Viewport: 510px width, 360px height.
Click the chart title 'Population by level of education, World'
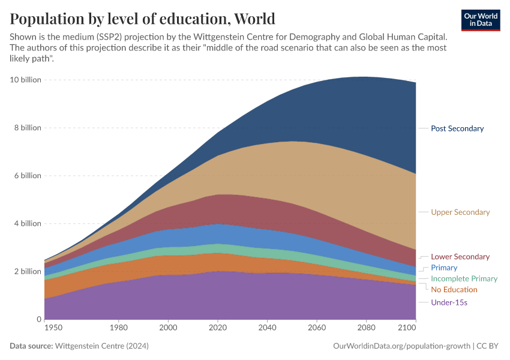point(142,19)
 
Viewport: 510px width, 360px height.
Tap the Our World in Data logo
point(481,20)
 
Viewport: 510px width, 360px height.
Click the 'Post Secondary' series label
point(457,128)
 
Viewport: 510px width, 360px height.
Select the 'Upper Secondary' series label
point(460,212)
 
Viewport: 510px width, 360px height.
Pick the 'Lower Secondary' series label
point(460,257)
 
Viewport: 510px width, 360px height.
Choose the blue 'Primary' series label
point(444,268)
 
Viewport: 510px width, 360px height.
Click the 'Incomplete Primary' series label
point(464,279)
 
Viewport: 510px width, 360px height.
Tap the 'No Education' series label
point(454,290)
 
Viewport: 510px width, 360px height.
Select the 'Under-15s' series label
point(449,302)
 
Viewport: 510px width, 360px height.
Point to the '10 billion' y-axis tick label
point(26,80)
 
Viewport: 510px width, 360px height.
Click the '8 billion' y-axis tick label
point(28,128)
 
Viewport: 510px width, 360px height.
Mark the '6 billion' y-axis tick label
point(28,176)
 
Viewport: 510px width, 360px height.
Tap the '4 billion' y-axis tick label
point(28,224)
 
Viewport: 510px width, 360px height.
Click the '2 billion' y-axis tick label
point(28,271)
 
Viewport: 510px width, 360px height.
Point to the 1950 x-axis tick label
point(53,329)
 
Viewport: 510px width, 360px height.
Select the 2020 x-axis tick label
point(217,329)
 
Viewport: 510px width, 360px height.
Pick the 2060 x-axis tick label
point(316,329)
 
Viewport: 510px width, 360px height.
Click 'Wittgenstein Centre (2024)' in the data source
point(101,346)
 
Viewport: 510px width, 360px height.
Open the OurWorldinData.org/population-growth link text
point(401,346)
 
